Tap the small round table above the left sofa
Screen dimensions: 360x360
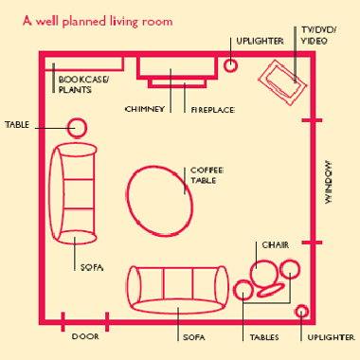pyautogui.click(x=77, y=119)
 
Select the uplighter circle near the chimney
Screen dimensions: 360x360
pyautogui.click(x=230, y=59)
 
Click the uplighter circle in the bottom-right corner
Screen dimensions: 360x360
pyautogui.click(x=301, y=306)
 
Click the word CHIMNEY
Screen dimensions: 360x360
pyautogui.click(x=145, y=109)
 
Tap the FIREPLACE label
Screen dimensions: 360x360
pyautogui.click(x=213, y=110)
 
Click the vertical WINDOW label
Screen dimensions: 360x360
pyautogui.click(x=329, y=182)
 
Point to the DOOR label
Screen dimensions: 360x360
pyautogui.click(x=85, y=336)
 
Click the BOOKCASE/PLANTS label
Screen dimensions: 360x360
pyautogui.click(x=83, y=84)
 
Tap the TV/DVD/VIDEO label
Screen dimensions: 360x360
pyautogui.click(x=318, y=35)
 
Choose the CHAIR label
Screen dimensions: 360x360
pyautogui.click(x=276, y=245)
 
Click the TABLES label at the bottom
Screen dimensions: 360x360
pyautogui.click(x=264, y=337)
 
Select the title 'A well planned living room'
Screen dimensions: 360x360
pyautogui.click(x=98, y=22)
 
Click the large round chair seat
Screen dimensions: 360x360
pyautogui.click(x=250, y=274)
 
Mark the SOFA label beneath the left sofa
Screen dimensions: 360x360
pyautogui.click(x=92, y=267)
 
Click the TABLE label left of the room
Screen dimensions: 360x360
pyautogui.click(x=17, y=125)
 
